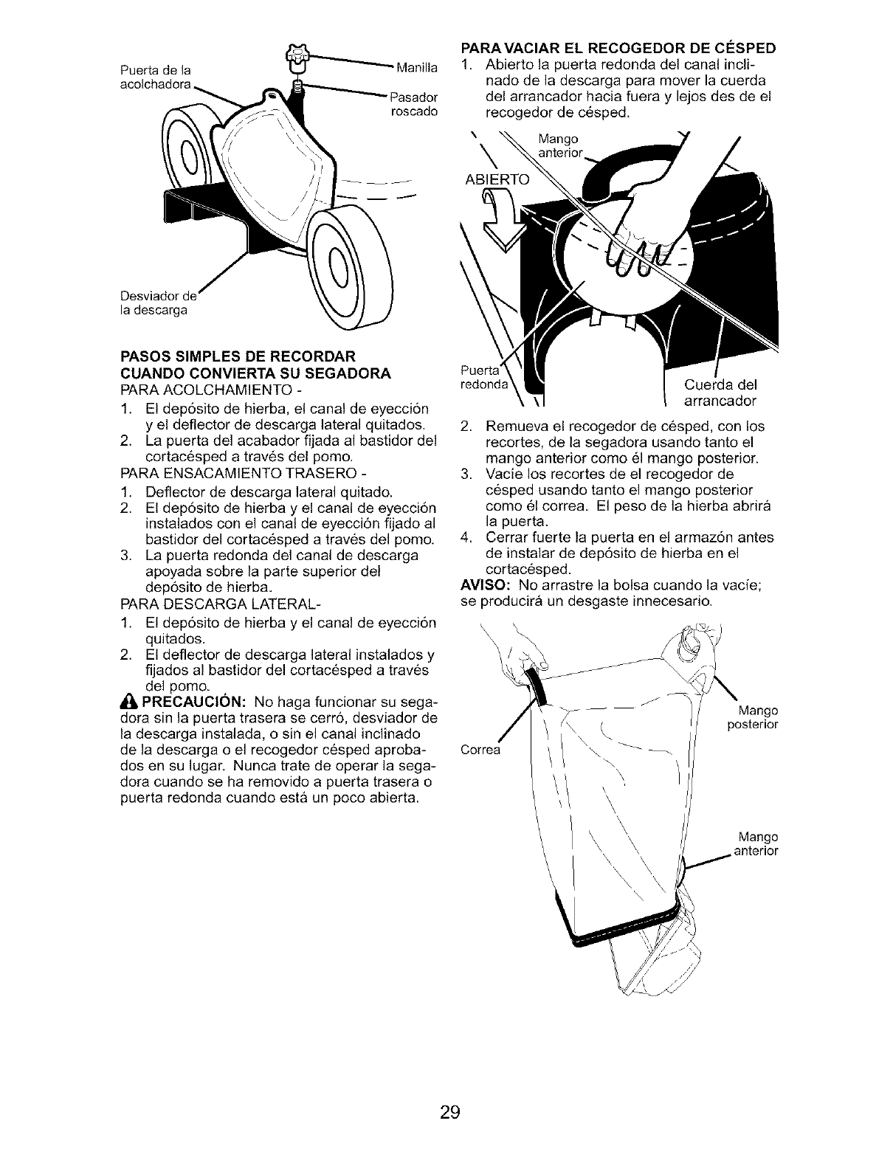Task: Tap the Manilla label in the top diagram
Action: pos(416,68)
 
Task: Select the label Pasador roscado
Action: pos(414,104)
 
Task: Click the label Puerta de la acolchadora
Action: pos(155,77)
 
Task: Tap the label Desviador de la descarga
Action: pos(158,303)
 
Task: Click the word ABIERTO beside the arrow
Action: pos(497,179)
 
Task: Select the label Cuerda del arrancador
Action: pos(720,393)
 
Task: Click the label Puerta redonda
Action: pos(483,377)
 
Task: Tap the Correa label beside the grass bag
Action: pos(480,750)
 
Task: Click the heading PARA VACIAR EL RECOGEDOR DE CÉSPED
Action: pos(618,48)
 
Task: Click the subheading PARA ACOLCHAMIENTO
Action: pos(210,389)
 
